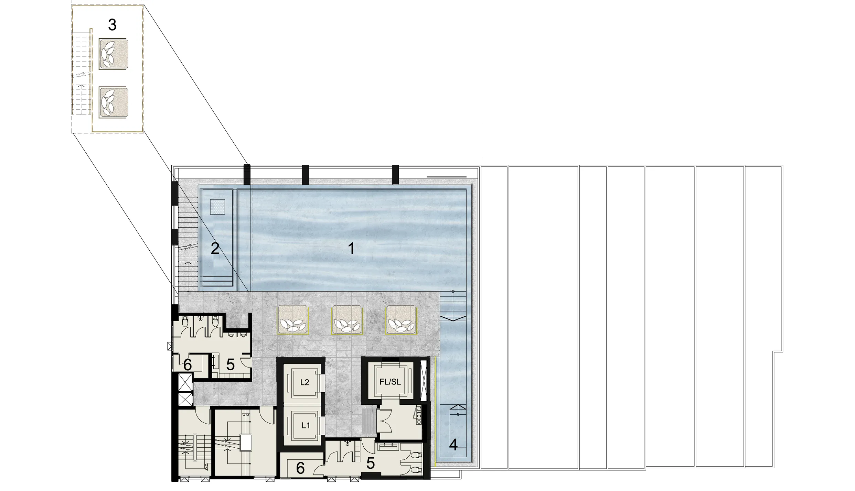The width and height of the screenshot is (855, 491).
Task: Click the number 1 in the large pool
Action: pos(351,248)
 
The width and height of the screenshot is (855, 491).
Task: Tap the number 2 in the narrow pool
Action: pos(215,248)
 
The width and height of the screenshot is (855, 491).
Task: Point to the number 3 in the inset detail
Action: pos(112,25)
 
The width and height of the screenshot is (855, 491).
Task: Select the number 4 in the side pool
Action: pos(453,445)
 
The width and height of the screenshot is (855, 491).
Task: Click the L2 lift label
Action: pos(304,382)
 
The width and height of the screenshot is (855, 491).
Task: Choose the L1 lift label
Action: pos(306,425)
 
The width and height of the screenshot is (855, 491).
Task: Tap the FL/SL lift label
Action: pos(390,382)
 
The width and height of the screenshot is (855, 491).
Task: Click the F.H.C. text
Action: pos(419,415)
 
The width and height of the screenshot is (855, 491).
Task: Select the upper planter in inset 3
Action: pos(114,54)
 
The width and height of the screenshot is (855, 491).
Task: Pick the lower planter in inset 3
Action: pos(114,102)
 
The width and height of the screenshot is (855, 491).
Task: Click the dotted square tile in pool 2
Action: pos(217,207)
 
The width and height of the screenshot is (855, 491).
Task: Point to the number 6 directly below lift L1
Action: pos(300,468)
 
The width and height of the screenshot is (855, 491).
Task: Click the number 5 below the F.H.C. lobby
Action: pos(370,463)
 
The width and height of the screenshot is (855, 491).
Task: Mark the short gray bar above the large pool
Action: pos(447,177)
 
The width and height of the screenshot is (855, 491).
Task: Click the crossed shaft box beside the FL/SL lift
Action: pos(424,379)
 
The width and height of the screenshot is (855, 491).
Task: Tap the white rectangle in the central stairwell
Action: pos(246,443)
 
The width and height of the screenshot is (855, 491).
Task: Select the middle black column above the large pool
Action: pos(305,175)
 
